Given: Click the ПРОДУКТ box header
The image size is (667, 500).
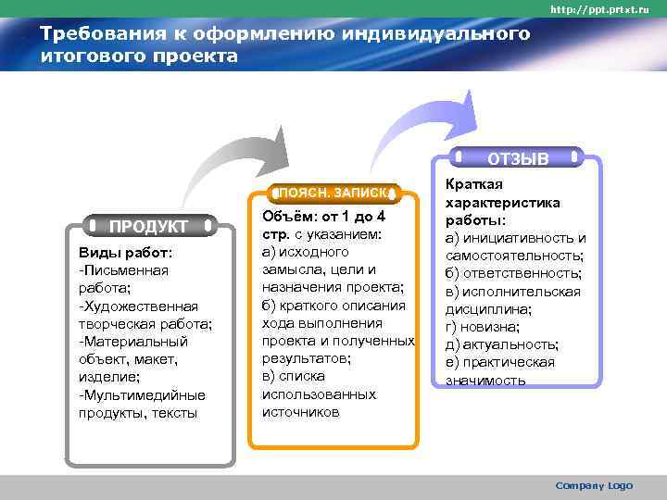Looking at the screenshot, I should pos(148,226).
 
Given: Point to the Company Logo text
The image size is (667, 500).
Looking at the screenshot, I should pos(593,485).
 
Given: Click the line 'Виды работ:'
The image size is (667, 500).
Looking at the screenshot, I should pos(119,253).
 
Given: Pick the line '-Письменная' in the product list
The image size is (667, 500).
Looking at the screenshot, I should pos(124,270).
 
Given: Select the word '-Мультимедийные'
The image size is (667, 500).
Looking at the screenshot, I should pos(142,394).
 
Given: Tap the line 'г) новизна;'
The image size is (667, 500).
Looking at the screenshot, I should pos(482,327).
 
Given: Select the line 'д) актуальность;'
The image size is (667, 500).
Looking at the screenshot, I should pos(502,344).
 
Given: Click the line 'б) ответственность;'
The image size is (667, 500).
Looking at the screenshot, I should pos(513,273).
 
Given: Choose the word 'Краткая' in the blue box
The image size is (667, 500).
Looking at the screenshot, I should pos(471,185).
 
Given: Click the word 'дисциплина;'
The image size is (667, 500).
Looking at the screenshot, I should pos(488,309).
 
